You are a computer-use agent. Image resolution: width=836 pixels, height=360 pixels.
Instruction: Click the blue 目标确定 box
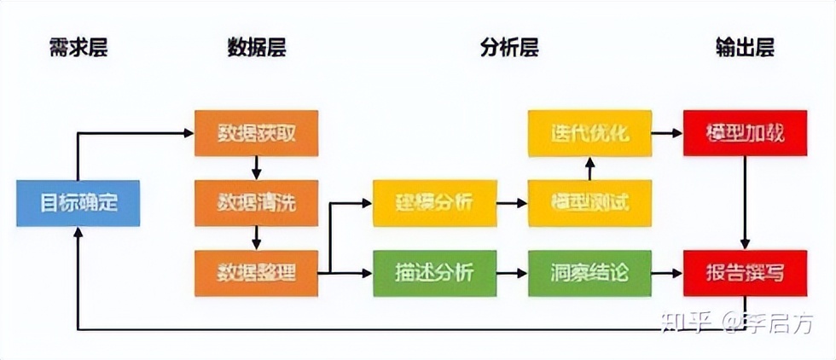click(x=78, y=203)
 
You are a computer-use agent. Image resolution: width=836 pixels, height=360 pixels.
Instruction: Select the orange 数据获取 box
click(x=256, y=133)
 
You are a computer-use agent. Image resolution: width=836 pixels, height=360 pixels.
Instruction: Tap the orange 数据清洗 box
click(x=256, y=203)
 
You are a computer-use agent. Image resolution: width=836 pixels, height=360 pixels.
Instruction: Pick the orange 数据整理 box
click(x=256, y=273)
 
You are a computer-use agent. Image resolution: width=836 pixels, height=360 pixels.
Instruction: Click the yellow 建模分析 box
click(x=434, y=203)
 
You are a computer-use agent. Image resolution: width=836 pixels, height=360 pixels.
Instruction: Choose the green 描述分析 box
click(x=434, y=273)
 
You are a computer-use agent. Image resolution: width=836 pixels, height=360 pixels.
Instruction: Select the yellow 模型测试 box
click(x=589, y=203)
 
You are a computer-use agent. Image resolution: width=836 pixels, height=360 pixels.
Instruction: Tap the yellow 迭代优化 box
click(x=589, y=133)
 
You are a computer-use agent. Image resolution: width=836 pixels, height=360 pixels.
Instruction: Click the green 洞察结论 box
click(x=589, y=273)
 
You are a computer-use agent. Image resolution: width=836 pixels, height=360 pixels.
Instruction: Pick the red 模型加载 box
click(x=745, y=133)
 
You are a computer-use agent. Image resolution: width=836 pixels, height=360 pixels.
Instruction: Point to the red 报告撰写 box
click(x=745, y=273)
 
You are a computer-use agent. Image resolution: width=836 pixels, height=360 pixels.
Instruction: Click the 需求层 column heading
click(x=78, y=48)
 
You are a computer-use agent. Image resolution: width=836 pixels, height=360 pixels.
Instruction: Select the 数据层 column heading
click(x=256, y=48)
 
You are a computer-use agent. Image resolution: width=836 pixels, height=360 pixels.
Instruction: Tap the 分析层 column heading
click(x=509, y=48)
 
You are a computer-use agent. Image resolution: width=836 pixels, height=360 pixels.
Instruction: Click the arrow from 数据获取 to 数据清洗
click(x=256, y=168)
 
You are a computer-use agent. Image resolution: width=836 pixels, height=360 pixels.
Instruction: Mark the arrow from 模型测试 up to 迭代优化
click(x=589, y=168)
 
